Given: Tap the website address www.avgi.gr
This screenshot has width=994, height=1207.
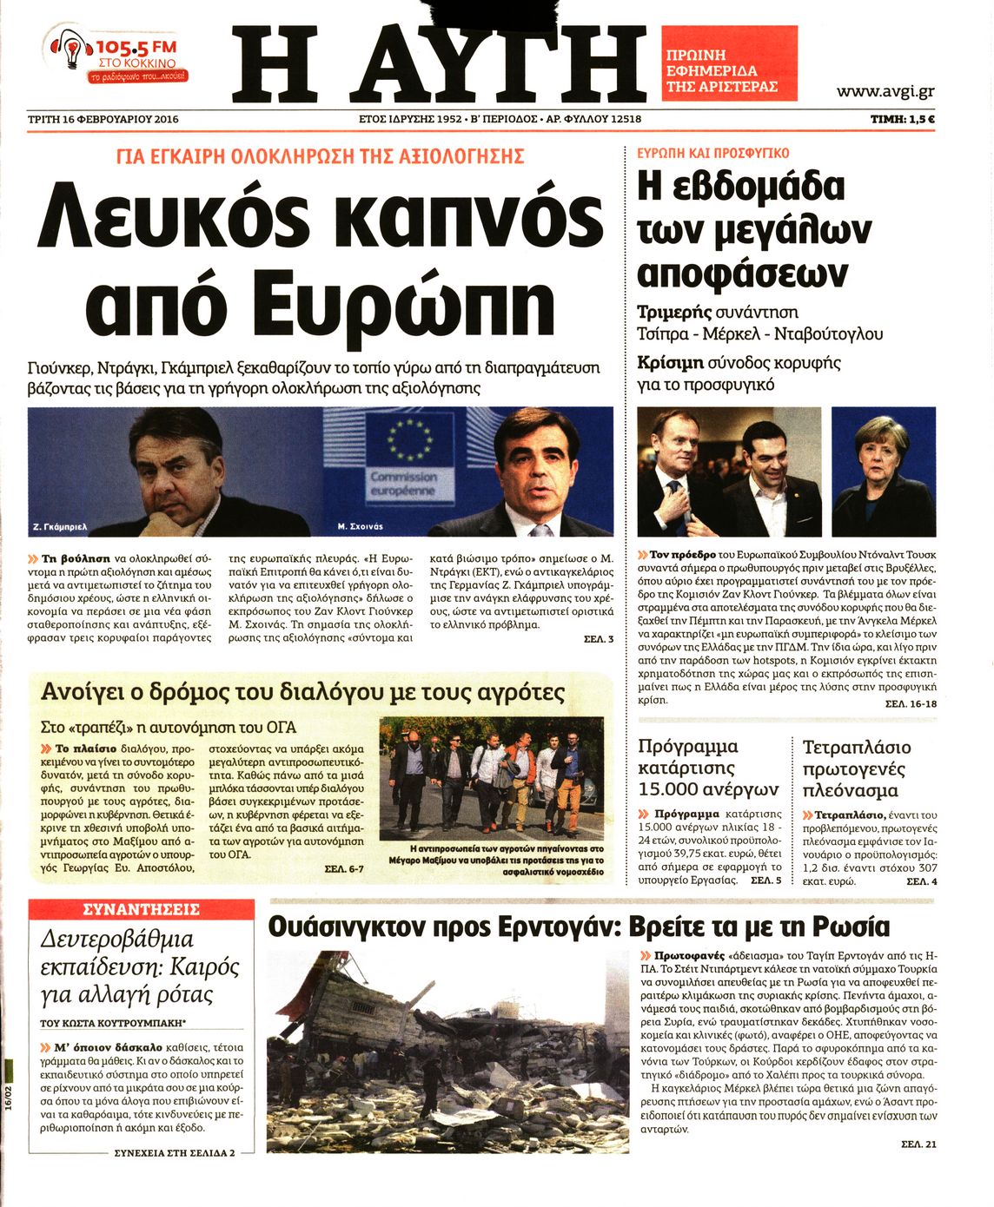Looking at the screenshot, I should (885, 91).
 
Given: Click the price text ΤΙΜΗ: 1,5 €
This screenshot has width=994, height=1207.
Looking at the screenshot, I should (903, 119).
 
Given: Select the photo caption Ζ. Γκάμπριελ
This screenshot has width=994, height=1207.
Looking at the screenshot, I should (60, 526).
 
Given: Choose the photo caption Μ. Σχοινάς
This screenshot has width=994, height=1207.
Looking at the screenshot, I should (360, 526).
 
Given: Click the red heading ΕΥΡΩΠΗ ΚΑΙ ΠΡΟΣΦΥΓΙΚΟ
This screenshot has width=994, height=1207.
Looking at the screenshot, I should (712, 153).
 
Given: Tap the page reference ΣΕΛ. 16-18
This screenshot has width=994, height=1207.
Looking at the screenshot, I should (910, 703).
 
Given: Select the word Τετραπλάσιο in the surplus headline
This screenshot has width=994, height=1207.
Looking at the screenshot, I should (857, 748).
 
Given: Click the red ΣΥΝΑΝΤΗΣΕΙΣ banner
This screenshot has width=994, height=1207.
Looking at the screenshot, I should (141, 909).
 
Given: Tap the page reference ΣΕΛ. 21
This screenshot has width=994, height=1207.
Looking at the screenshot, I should (918, 1144).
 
